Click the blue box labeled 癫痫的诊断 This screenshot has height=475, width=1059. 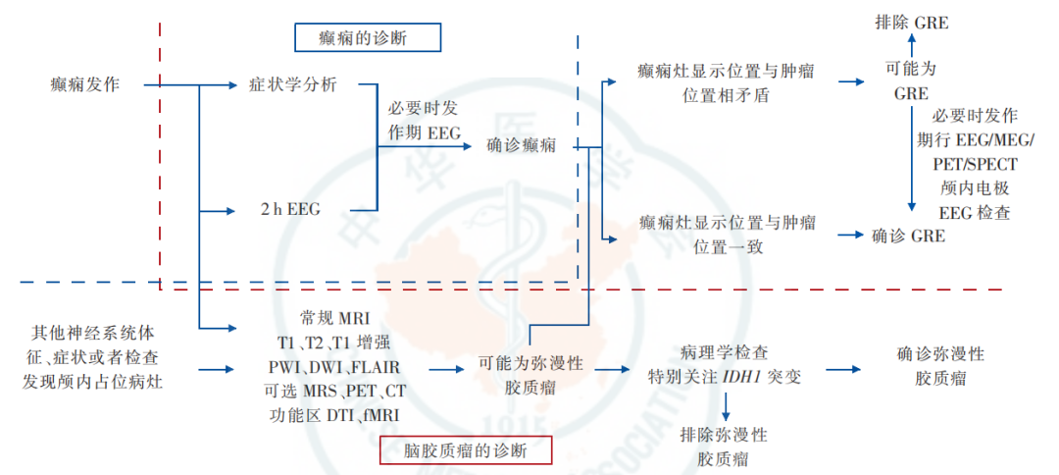point(368,38)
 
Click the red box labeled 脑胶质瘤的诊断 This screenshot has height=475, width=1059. point(466,450)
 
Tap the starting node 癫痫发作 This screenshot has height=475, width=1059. point(84,84)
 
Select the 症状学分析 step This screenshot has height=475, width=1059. point(293,84)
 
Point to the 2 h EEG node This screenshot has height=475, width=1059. point(290,209)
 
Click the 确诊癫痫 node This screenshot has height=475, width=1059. point(522,146)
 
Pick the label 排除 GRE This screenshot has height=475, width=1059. point(911,22)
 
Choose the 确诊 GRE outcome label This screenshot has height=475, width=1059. point(909,236)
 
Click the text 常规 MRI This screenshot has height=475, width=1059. point(335,320)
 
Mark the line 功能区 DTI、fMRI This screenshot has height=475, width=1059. point(334,414)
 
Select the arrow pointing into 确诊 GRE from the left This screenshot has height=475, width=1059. point(853,236)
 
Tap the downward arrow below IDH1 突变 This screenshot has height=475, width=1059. point(727,404)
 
